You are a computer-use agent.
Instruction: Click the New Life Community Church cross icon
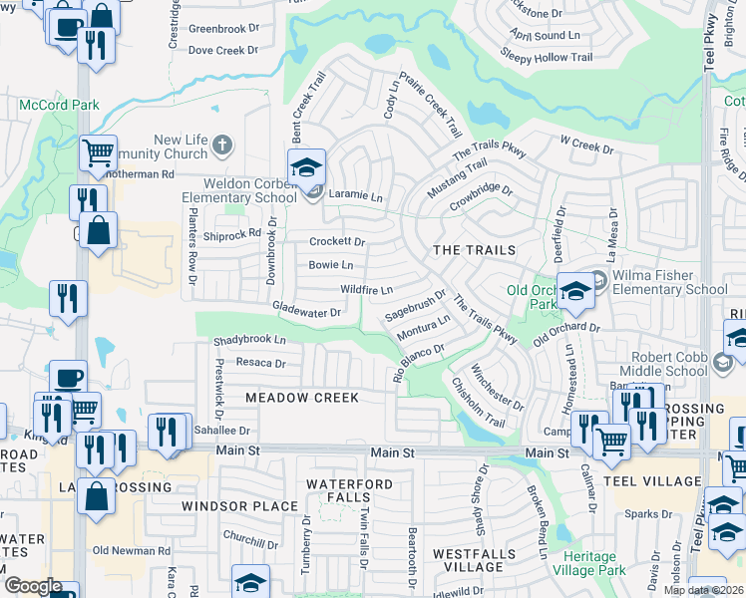222,147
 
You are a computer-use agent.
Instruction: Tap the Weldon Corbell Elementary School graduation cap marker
306,166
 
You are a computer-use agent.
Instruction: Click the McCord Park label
44,104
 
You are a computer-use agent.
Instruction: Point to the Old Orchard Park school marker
575,291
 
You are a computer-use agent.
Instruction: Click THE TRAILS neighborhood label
474,250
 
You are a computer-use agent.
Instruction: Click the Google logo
34,586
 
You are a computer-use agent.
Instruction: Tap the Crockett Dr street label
338,241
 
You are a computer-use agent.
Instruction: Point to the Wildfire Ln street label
367,290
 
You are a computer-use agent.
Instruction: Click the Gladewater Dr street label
307,310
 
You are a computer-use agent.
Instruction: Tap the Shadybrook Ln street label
249,340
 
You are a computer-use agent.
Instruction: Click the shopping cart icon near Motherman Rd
98,153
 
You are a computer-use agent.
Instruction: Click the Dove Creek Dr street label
223,50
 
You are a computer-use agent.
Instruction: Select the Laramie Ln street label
356,197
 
